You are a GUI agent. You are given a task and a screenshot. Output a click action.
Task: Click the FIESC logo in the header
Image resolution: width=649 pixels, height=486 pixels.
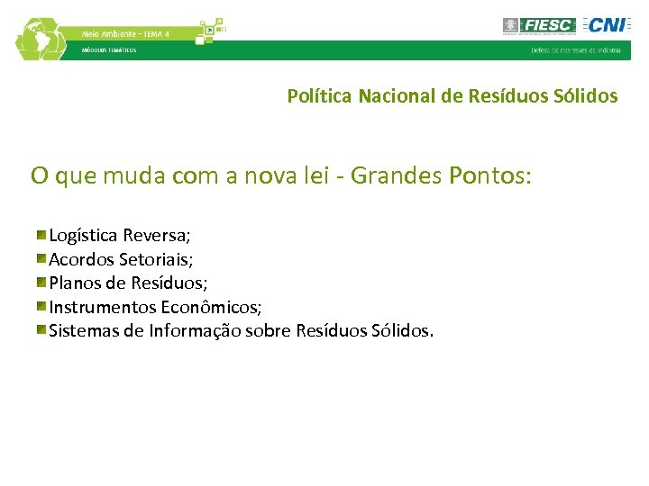539,25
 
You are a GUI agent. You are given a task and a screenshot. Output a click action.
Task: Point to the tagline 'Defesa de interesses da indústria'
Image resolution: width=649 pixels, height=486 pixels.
575,50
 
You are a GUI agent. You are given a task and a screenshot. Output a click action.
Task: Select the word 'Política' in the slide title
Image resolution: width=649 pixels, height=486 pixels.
320,95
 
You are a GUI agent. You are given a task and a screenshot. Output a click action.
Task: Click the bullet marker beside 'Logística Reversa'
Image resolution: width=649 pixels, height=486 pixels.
41,235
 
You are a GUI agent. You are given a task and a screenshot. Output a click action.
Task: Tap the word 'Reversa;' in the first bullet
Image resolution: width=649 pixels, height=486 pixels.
157,236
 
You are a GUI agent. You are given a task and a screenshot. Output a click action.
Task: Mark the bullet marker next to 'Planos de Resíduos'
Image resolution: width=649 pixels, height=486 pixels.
41,283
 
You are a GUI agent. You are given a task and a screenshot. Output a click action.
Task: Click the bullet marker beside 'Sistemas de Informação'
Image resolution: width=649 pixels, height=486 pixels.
41,330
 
